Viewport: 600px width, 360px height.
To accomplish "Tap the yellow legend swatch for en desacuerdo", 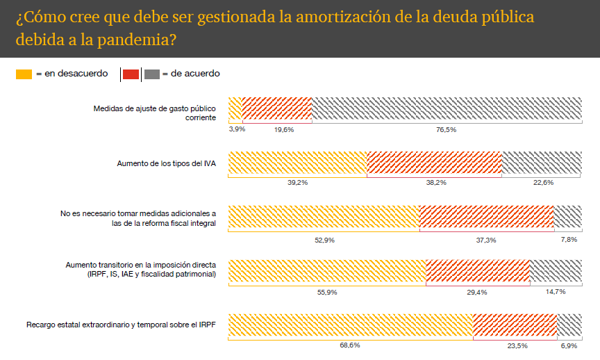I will click(x=24, y=74).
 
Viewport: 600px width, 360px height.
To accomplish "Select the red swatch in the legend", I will click(x=131, y=74).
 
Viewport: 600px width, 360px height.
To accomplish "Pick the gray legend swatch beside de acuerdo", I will click(x=152, y=74).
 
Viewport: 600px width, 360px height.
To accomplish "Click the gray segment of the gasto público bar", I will click(x=446, y=108).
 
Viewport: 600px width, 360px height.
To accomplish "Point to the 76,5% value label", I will click(x=446, y=129).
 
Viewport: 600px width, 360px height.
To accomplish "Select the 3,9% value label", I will click(x=237, y=129).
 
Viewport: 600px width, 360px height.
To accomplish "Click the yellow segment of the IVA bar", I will click(x=297, y=163).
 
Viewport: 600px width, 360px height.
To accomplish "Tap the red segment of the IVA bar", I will click(x=433, y=163).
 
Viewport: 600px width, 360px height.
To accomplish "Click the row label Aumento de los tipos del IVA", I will click(x=166, y=163).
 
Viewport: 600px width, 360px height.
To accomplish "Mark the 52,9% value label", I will click(x=324, y=240).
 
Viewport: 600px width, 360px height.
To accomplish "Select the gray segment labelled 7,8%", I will click(x=567, y=216).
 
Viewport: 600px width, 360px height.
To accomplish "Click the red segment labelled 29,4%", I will click(x=477, y=270).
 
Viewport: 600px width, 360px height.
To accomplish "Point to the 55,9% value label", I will click(x=327, y=293).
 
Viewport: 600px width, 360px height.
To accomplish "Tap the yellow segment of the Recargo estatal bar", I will click(x=350, y=325).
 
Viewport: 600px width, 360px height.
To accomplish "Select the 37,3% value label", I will click(x=486, y=240).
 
